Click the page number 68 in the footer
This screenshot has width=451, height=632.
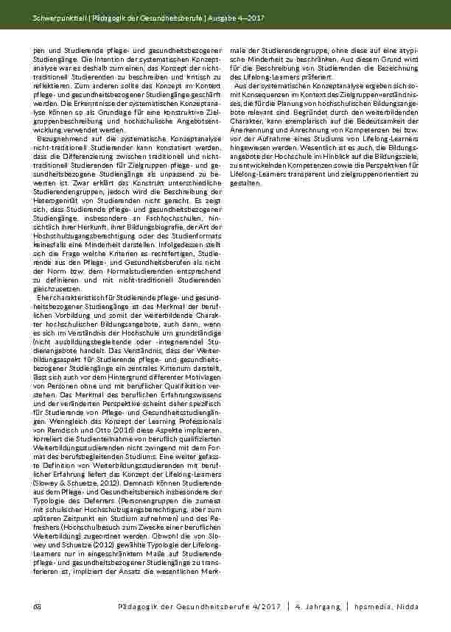(x=37, y=605)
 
